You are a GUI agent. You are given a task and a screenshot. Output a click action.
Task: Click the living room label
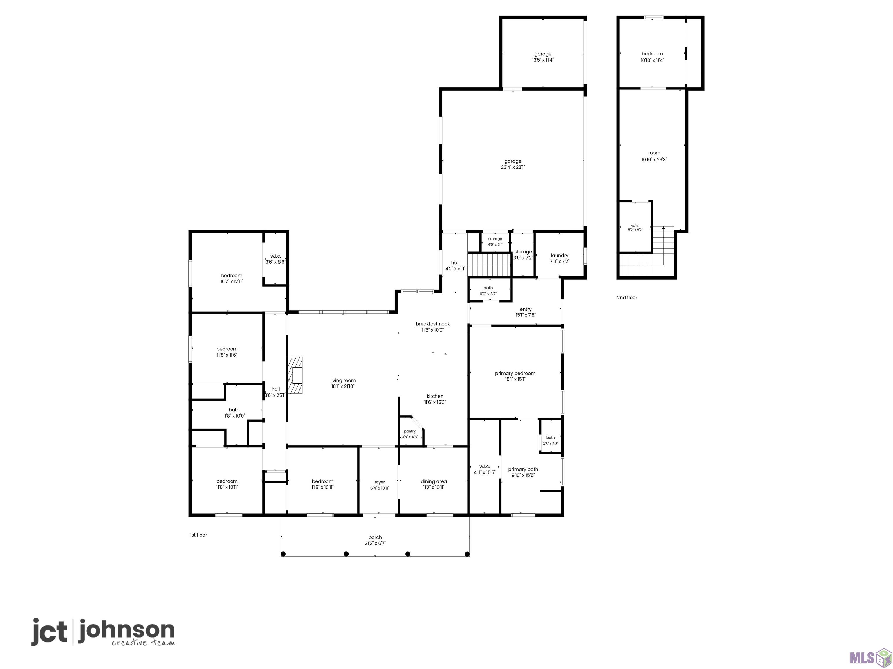pos(343,380)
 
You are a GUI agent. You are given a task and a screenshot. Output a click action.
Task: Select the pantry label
pos(410,431)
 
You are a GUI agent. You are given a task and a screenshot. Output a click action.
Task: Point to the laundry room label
pos(560,256)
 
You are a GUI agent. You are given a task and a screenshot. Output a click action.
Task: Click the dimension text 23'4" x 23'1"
pos(513,167)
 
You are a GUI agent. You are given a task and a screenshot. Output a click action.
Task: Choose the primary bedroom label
pos(515,373)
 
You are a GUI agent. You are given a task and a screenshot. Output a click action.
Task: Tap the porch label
pos(375,537)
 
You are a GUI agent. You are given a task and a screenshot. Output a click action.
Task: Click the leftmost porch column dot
pos(283,554)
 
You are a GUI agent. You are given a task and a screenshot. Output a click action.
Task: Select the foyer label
pos(379,482)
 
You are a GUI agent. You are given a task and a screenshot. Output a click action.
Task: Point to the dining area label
pos(434,481)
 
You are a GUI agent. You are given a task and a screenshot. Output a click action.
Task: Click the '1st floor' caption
pos(199,535)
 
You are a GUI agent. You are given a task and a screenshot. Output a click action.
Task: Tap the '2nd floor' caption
pos(627,298)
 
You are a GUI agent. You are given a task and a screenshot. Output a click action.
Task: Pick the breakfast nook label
pos(433,324)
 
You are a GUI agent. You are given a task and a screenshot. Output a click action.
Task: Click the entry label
pos(526,309)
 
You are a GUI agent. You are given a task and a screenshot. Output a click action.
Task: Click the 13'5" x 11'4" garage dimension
pos(543,60)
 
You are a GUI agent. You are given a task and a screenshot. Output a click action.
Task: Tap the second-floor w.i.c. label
pos(635,226)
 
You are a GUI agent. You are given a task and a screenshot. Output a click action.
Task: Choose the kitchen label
pos(435,396)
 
